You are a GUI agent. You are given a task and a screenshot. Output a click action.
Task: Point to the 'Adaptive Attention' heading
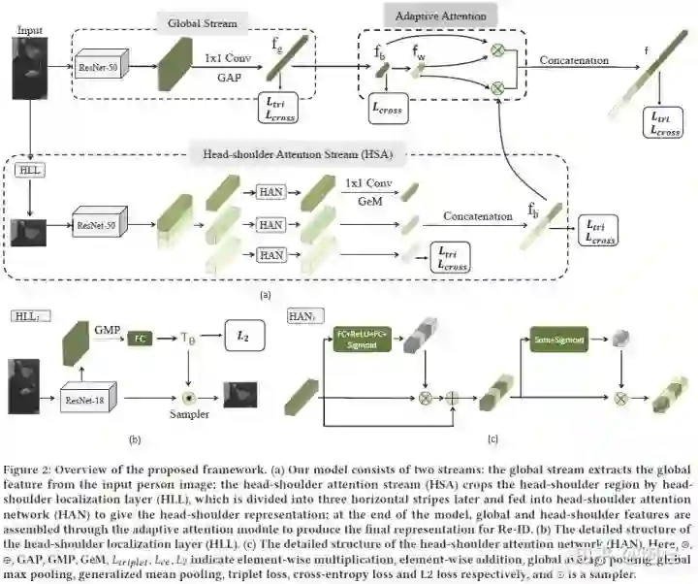[x=441, y=16]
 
